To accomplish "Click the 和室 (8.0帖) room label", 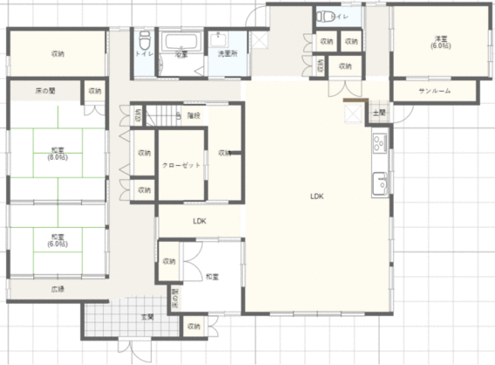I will tap(58, 155).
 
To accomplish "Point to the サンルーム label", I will tap(434, 92).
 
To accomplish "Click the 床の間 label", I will tap(45, 91).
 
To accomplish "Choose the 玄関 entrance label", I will tap(148, 316).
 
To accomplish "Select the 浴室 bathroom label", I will tap(181, 54).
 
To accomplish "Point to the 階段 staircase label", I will tap(193, 115).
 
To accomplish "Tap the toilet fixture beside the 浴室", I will tap(144, 39).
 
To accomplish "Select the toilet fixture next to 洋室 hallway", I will tap(324, 16).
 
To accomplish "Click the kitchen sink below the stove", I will tap(380, 183).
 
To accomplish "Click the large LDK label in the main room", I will tap(316, 197).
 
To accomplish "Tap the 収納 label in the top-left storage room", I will tap(58, 54).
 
